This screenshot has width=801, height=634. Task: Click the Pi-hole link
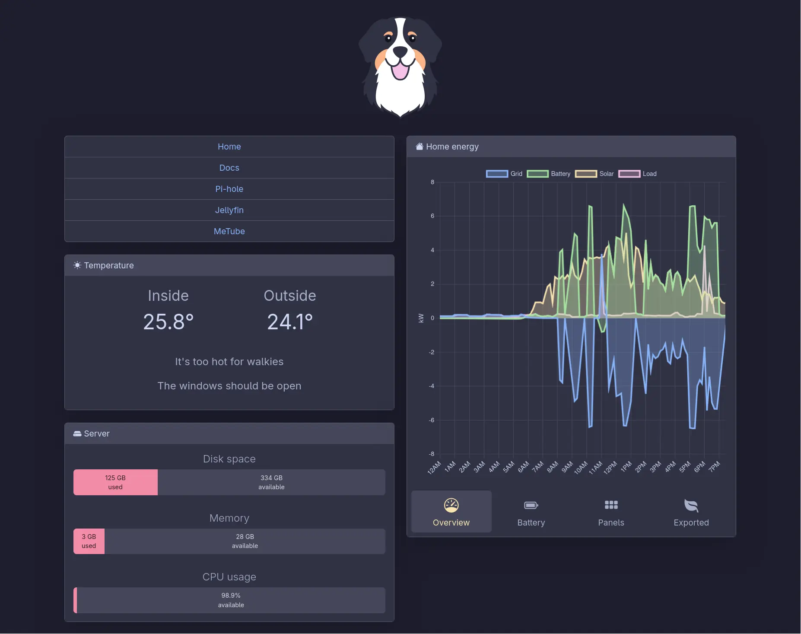pos(229,189)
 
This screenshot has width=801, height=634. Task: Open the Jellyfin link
pos(229,210)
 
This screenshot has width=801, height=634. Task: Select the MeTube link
pos(229,231)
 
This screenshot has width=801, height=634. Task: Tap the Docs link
pos(229,168)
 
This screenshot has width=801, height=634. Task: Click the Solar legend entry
pos(594,174)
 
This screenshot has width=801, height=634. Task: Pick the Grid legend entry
pos(504,174)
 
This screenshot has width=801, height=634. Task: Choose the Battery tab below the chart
pos(531,512)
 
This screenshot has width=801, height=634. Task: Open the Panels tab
pos(611,512)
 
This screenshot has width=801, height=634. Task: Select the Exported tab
pos(691,512)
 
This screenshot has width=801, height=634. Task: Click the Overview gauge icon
pos(451,505)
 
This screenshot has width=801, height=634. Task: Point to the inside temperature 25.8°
pos(168,322)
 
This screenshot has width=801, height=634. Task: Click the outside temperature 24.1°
pos(290,322)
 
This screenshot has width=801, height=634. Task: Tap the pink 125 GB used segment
pos(115,482)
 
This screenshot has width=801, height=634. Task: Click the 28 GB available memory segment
pos(245,541)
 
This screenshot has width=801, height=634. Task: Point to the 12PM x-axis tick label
pos(610,468)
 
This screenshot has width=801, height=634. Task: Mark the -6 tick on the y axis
pos(431,420)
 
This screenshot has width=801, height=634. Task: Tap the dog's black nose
pos(400,51)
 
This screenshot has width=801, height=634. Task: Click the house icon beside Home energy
pos(419,147)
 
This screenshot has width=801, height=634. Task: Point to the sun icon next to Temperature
pos(77,265)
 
